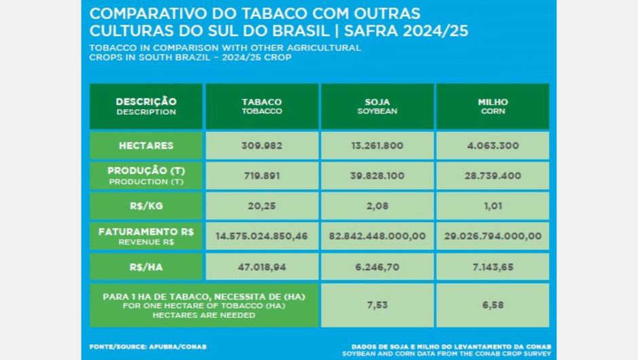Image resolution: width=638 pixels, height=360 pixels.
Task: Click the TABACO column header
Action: (x=261, y=106)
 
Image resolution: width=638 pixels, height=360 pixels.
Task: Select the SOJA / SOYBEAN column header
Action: (x=377, y=106)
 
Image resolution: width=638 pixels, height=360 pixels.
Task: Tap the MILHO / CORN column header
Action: (x=492, y=106)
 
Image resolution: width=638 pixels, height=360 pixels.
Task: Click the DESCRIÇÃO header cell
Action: (x=146, y=106)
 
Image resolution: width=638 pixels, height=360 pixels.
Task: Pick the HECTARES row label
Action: (x=146, y=145)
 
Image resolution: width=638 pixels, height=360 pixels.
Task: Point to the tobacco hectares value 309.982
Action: (x=261, y=145)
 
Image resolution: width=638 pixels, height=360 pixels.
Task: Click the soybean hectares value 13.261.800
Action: (x=377, y=145)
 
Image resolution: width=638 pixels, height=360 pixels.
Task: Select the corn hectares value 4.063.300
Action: (x=492, y=145)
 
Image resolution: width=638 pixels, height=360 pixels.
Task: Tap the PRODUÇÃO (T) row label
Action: (x=146, y=175)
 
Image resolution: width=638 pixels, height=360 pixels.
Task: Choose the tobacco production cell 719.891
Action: (x=261, y=175)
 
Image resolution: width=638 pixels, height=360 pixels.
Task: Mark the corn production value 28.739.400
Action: (x=492, y=175)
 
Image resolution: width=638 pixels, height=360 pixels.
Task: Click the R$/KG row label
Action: (x=146, y=205)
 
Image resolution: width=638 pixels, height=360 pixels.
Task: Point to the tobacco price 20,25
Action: (x=261, y=205)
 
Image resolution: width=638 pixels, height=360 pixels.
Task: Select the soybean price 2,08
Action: (x=377, y=205)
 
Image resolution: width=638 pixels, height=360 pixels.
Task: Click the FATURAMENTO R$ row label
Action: (x=146, y=236)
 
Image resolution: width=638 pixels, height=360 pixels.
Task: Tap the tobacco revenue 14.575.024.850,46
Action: (x=261, y=236)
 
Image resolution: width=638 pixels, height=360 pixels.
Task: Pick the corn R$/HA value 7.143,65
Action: (x=492, y=267)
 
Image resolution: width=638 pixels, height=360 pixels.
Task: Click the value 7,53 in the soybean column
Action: (x=377, y=305)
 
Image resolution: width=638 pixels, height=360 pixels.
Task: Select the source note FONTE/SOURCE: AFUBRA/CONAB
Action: (x=147, y=346)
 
